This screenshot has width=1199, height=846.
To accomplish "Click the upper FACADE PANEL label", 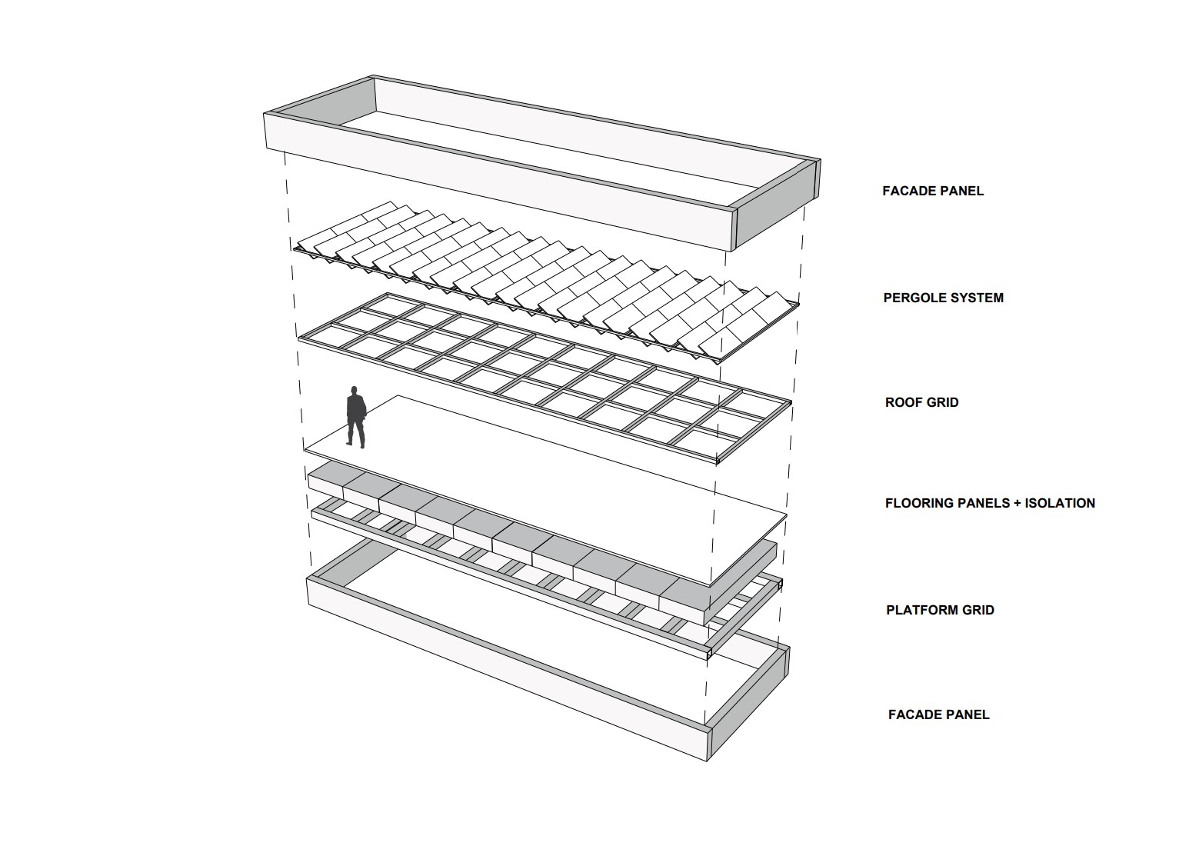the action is [933, 191].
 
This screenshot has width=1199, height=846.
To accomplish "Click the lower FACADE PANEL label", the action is [939, 714].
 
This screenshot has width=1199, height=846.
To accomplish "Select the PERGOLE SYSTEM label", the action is [943, 298].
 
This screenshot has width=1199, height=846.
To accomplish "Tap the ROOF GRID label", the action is [921, 402].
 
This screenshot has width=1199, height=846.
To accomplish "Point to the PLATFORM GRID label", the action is [940, 610].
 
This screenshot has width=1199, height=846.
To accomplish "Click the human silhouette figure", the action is [356, 417].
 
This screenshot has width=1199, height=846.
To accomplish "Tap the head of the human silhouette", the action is [354, 390].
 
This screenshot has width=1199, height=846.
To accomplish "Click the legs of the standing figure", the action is [356, 434].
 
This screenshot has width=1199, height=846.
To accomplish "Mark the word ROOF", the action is [903, 402].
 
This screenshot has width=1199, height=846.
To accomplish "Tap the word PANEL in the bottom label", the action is [967, 714].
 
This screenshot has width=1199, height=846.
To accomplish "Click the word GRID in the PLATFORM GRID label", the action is [976, 610].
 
